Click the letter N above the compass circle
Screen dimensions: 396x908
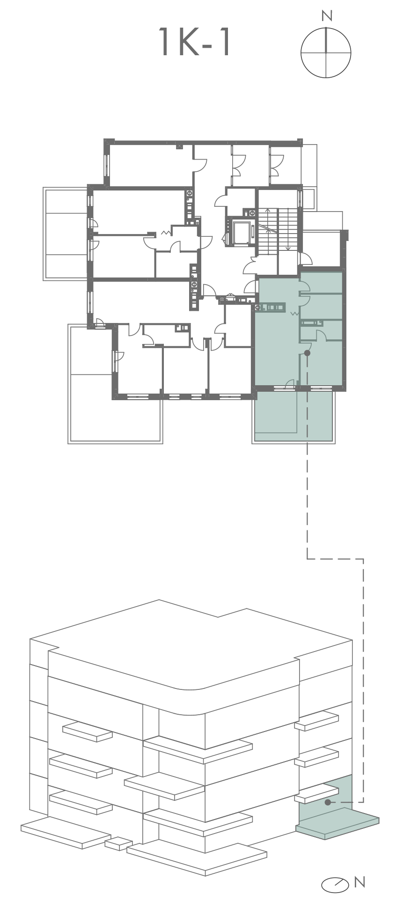[x=327, y=16]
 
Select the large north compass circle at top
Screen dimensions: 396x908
[x=326, y=52]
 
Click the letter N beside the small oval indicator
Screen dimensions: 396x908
[x=359, y=882]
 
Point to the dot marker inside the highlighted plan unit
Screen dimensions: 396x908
[x=307, y=353]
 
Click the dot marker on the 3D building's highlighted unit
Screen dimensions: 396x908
[x=328, y=802]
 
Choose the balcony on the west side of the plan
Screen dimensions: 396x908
[x=66, y=234]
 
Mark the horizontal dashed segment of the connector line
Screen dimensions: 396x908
[x=335, y=559]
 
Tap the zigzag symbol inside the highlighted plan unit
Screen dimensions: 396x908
[x=295, y=313]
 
